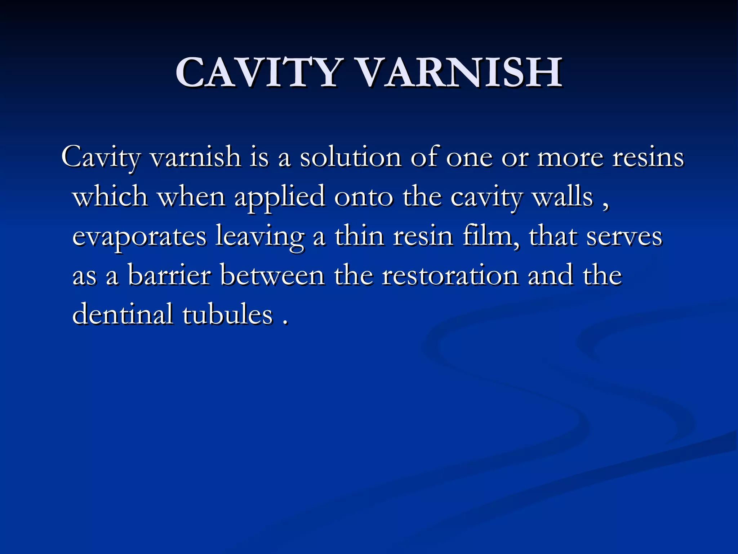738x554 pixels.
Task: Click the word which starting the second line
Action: pos(110,197)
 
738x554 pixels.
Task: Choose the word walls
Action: pos(563,197)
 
